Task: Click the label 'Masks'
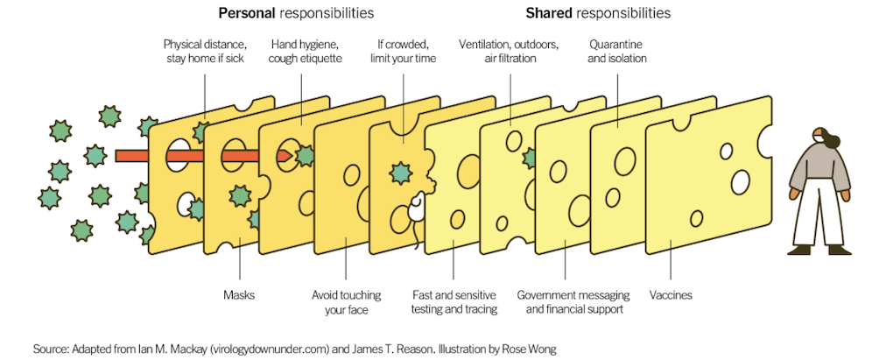tap(237, 295)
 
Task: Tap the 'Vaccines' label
tap(671, 295)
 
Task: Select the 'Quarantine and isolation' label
tap(618, 51)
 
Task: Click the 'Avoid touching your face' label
tap(346, 302)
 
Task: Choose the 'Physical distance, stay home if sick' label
tap(204, 51)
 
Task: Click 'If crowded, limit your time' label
tap(404, 51)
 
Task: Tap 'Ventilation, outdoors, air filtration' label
tap(509, 51)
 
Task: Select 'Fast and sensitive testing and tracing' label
tap(454, 302)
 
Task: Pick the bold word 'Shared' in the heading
tap(548, 14)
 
